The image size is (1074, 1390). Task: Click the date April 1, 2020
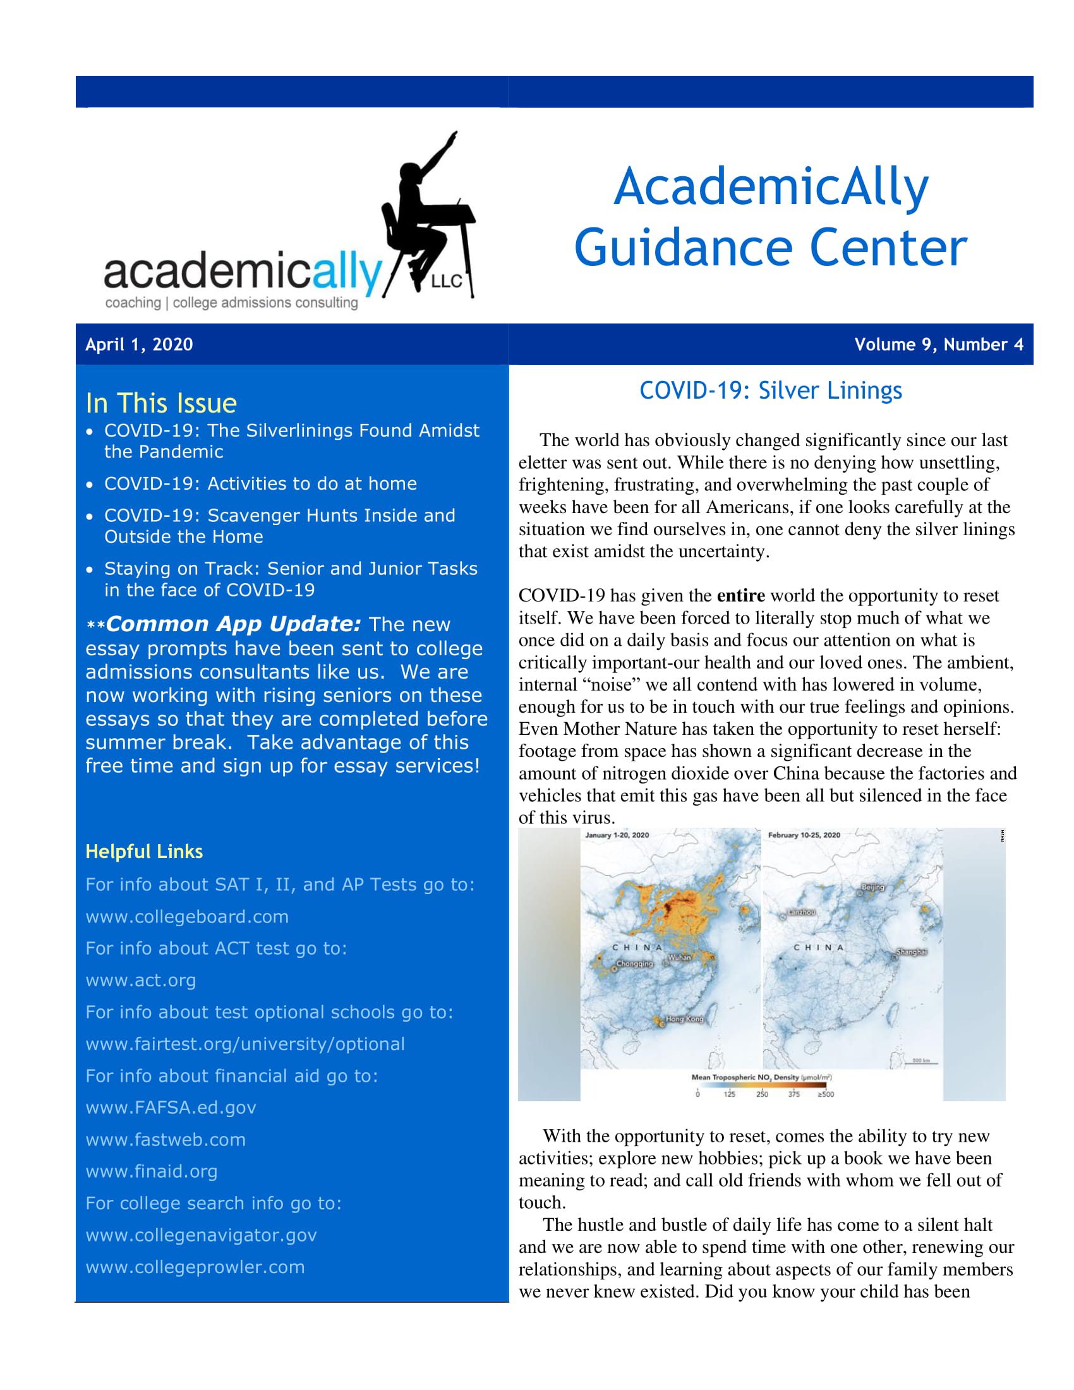(139, 344)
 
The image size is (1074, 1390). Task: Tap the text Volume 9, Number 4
(938, 344)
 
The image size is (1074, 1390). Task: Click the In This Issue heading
(161, 404)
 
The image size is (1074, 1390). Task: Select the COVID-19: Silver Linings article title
(770, 390)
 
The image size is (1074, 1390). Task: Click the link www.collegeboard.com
(187, 917)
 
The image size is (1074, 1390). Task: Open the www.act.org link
(141, 980)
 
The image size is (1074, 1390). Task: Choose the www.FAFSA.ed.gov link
(171, 1108)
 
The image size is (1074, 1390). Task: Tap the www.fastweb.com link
(166, 1139)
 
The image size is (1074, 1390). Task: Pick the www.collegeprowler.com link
(195, 1267)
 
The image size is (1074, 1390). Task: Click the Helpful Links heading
(144, 852)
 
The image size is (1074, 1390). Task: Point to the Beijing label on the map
(873, 887)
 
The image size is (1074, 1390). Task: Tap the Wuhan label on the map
(680, 957)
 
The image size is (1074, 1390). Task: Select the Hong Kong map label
(685, 1019)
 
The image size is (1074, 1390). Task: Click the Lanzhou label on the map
(801, 912)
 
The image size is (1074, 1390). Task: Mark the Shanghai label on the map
(911, 952)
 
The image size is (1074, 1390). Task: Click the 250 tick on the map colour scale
(762, 1094)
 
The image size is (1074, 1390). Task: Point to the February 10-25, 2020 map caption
(804, 835)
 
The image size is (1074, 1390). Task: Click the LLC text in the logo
(446, 281)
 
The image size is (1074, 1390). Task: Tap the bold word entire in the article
(740, 596)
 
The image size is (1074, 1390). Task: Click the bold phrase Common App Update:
(234, 624)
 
